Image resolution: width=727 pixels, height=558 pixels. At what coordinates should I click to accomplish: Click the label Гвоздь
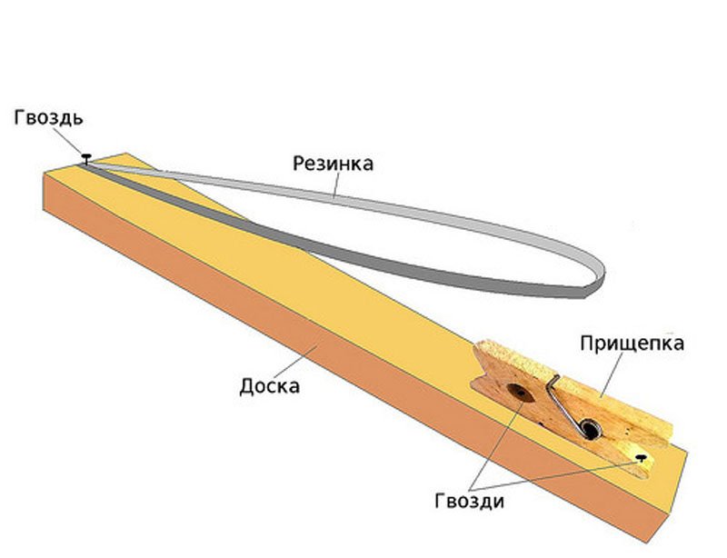point(49,118)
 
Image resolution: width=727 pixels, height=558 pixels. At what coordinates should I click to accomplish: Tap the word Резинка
point(333,164)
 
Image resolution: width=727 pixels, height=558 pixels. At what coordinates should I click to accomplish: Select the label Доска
point(269,386)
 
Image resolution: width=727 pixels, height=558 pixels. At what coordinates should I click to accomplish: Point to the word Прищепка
point(632,344)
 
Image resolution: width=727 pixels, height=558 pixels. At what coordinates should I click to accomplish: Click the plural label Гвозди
point(469,501)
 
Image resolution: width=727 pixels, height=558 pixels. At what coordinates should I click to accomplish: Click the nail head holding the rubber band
point(85,157)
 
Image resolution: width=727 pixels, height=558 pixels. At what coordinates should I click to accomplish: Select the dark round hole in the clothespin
point(520,393)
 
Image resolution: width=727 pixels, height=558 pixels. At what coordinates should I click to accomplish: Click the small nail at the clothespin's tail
point(641,458)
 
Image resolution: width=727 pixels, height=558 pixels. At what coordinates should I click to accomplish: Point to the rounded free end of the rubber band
point(601,277)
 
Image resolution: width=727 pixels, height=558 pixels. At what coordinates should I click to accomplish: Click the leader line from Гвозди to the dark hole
point(497,443)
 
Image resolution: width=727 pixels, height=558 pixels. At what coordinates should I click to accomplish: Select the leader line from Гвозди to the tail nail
point(555,474)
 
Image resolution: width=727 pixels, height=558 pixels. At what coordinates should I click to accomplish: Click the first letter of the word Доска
point(246,387)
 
